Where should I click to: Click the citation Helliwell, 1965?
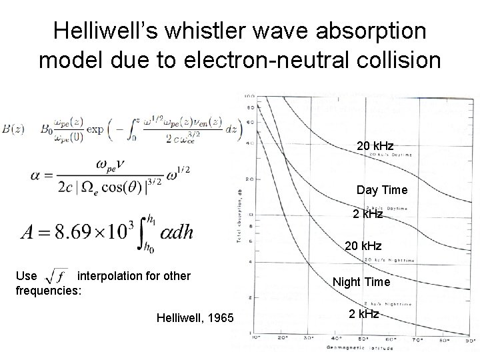pos(194,319)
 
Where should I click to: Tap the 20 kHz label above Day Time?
pos(374,146)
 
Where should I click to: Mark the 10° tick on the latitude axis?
pos(255,339)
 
